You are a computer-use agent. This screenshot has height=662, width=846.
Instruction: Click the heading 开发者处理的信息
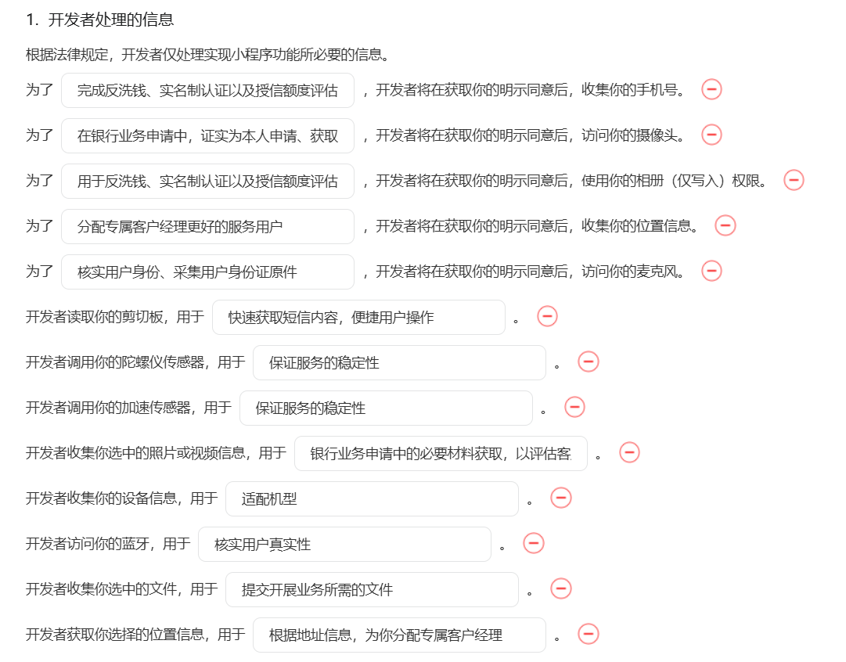tap(110, 20)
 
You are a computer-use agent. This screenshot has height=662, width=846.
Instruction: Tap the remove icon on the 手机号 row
tap(711, 90)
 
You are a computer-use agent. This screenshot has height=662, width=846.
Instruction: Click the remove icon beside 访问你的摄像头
tap(711, 135)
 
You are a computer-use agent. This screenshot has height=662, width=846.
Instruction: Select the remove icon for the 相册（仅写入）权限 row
tap(794, 181)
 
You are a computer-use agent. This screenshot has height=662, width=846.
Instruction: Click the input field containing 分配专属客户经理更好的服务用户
tap(207, 227)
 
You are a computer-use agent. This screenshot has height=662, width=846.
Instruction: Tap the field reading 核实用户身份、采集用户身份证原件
tap(207, 272)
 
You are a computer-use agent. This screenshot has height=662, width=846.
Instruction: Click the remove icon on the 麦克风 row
tap(711, 272)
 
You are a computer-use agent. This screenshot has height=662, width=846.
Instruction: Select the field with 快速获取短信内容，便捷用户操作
tap(358, 318)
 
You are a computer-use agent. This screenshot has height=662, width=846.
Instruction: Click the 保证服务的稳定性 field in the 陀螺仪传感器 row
tap(399, 363)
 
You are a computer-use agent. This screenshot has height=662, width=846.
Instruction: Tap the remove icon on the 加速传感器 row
tap(574, 408)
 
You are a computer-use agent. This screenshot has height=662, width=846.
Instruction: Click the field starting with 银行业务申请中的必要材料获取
tap(441, 454)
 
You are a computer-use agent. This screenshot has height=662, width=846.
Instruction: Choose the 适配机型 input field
tap(372, 499)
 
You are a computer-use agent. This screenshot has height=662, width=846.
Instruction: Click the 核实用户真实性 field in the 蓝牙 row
tap(344, 545)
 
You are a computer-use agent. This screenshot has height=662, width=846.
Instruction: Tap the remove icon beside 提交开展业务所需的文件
tap(561, 589)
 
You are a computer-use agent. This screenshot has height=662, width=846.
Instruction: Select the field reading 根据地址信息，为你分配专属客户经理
tap(399, 635)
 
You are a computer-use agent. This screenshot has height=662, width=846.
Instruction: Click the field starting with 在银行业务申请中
tap(207, 136)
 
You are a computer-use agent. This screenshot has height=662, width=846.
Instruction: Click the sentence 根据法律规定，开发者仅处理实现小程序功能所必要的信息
tap(207, 55)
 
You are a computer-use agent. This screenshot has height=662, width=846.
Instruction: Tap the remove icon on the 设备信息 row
tap(561, 498)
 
